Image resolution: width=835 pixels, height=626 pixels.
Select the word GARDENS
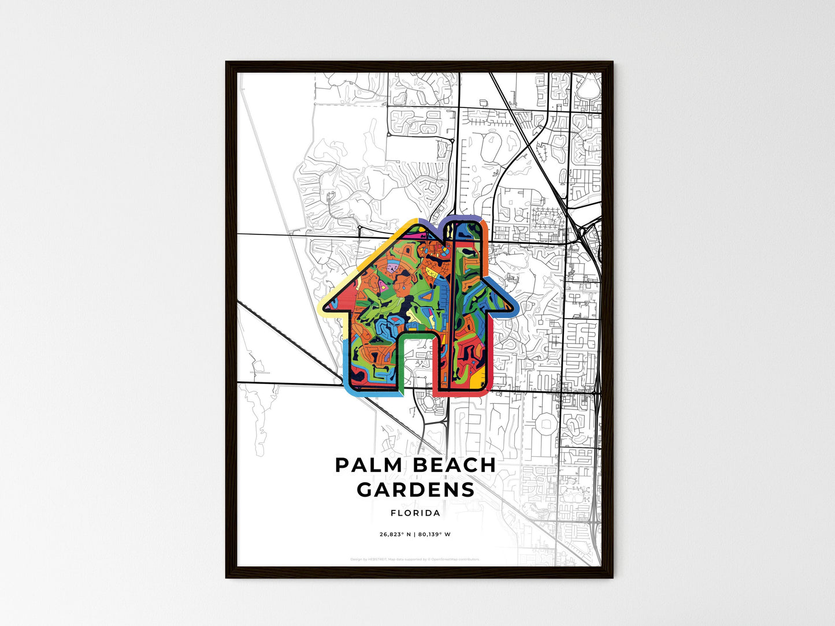tap(415, 490)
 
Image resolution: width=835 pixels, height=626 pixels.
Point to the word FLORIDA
tap(415, 513)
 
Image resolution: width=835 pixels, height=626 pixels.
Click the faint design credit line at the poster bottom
tap(415, 559)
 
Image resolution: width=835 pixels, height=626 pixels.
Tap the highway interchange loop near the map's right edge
tap(585, 232)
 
